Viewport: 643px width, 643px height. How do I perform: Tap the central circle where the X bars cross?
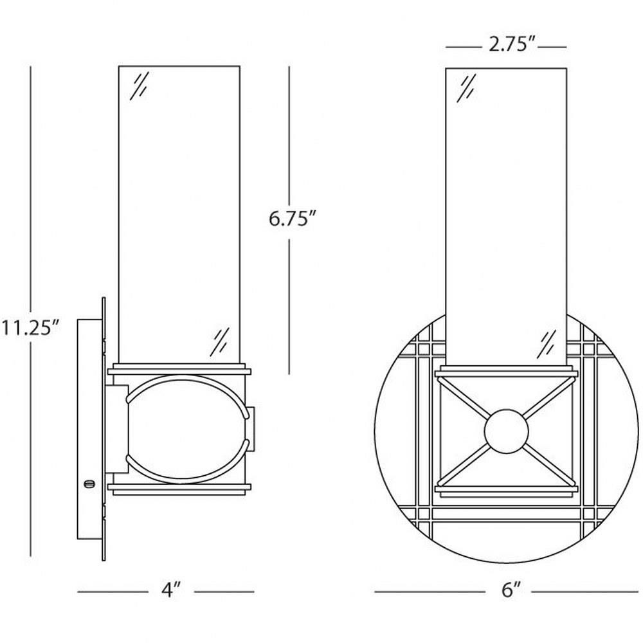507,431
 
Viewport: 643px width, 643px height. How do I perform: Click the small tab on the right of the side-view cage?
251,428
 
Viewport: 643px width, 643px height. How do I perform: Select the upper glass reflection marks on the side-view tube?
139,86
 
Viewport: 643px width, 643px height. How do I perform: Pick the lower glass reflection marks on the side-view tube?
220,342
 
